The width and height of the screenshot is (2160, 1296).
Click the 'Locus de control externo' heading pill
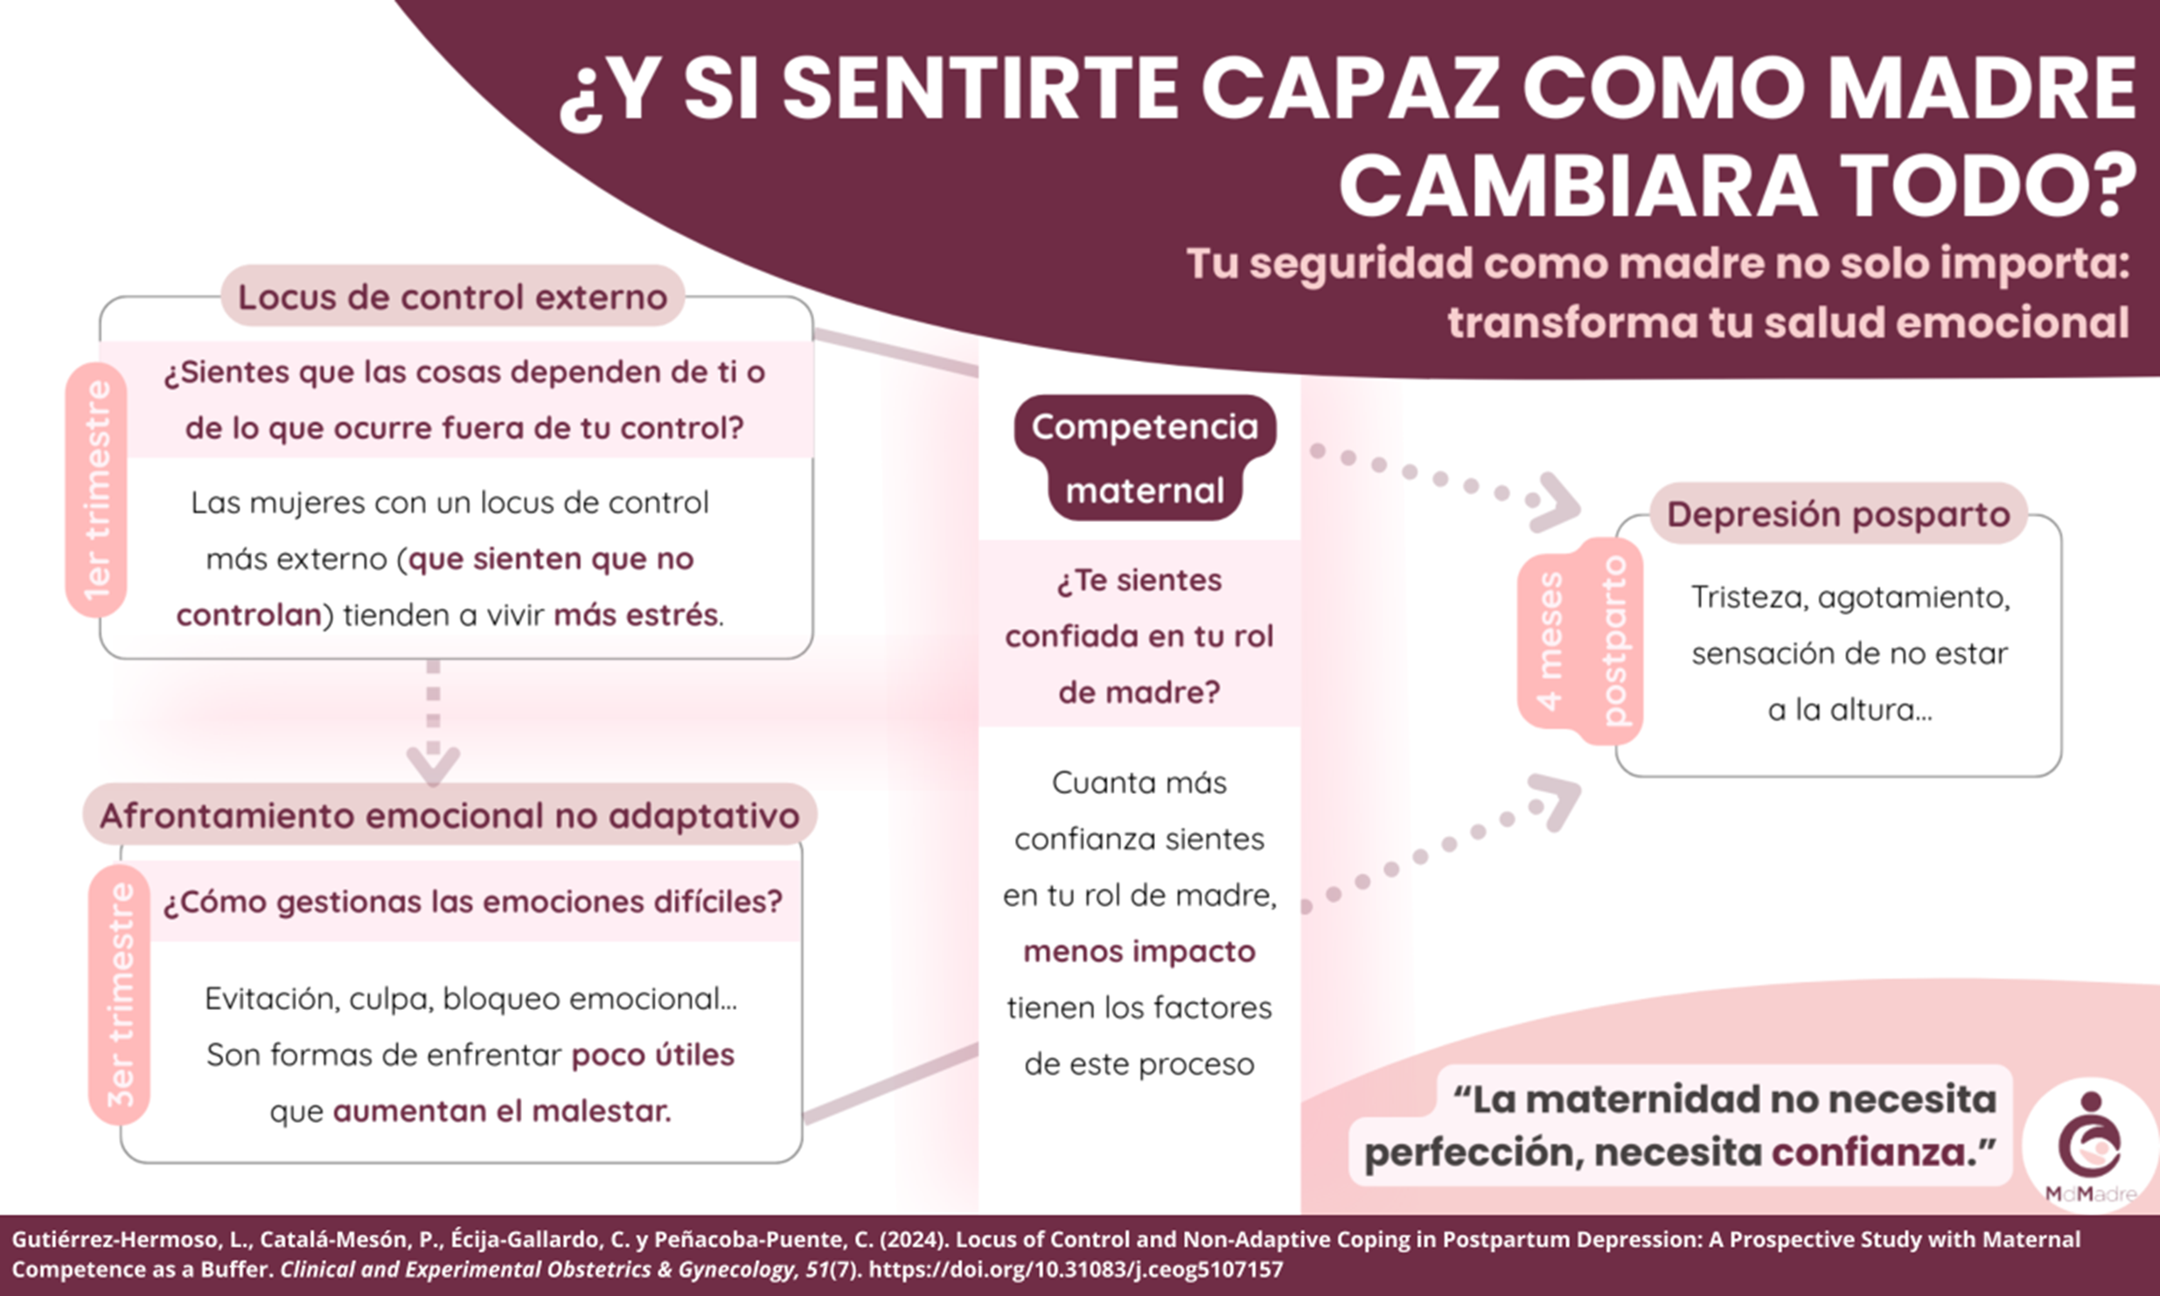[452, 296]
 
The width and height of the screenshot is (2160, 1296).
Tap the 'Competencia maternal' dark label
[1145, 457]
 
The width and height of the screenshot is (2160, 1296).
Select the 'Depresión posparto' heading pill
[1838, 513]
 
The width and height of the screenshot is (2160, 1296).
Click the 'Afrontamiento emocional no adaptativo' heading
[449, 815]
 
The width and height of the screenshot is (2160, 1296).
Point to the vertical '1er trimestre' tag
[96, 490]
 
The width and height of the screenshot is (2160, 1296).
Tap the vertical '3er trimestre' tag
[120, 994]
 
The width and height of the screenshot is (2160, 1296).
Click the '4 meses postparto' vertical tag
[1580, 641]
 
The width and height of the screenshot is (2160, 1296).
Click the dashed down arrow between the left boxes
[433, 721]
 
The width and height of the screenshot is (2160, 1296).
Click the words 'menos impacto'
[1139, 951]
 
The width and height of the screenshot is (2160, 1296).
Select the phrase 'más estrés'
[636, 615]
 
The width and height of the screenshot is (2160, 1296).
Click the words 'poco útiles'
[652, 1055]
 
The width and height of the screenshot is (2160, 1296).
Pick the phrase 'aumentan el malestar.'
[502, 1111]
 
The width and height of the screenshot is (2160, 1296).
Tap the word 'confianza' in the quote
[1869, 1153]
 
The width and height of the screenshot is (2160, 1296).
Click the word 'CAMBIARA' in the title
[1578, 186]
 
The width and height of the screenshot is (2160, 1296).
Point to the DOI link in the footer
[1076, 1269]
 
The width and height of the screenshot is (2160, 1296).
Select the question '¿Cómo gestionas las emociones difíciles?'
[472, 902]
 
